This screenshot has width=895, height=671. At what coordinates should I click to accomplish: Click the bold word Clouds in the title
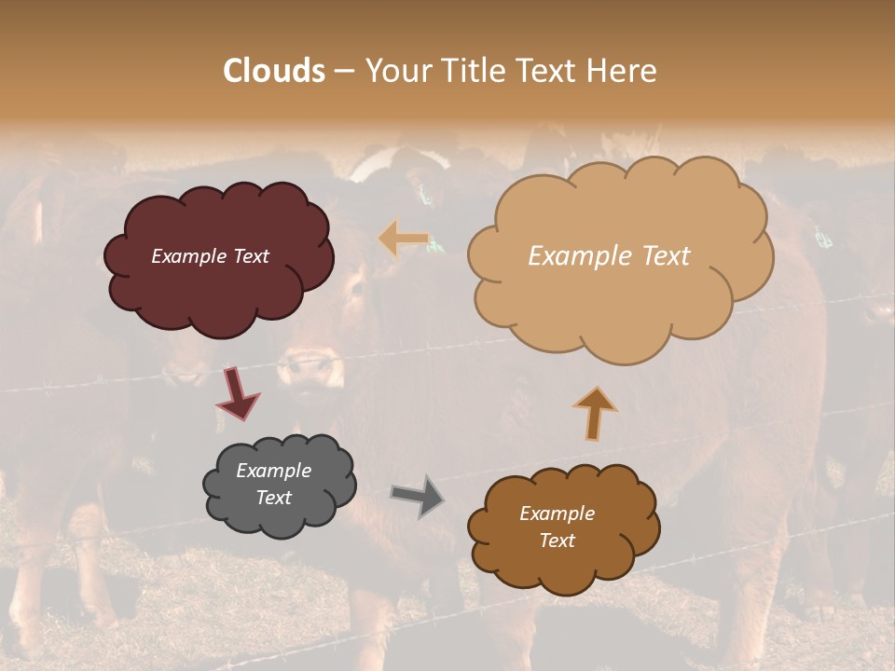coord(274,71)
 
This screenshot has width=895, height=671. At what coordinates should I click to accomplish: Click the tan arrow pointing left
coord(403,240)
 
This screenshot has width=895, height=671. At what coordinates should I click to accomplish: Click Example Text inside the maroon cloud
coord(210,256)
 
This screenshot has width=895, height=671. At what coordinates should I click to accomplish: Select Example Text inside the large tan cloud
coord(609,256)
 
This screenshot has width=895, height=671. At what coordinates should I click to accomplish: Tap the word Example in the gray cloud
coord(273,471)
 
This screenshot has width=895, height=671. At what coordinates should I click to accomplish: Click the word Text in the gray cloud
coord(273,498)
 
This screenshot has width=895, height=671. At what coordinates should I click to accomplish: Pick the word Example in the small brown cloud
coord(557,514)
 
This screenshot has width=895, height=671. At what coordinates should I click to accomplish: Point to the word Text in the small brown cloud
coord(557,541)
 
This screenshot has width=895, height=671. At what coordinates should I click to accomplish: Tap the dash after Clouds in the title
coord(343,72)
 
